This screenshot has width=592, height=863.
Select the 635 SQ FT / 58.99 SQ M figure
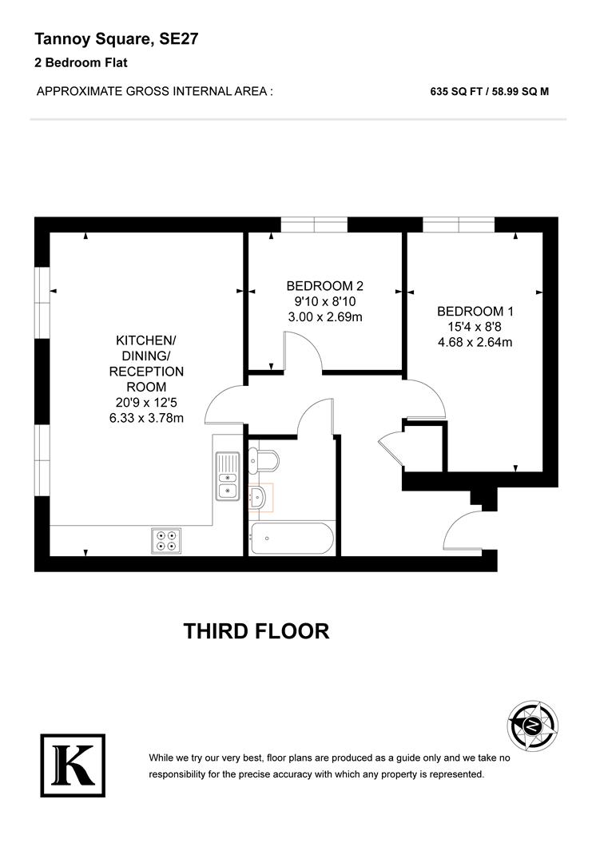click(489, 91)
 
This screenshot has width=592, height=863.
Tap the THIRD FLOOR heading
click(256, 631)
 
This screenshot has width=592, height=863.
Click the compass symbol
click(530, 725)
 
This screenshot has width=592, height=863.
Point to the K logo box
click(73, 766)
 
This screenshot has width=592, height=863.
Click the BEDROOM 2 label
click(324, 286)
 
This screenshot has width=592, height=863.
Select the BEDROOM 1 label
click(475, 312)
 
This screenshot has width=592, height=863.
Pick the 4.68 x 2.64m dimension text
click(475, 343)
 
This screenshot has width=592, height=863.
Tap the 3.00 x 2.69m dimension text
click(324, 317)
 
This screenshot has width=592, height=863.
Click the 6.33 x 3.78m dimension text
click(146, 418)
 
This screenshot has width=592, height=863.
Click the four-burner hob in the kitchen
click(166, 541)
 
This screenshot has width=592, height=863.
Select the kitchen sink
click(228, 476)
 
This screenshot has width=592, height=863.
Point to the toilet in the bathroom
click(264, 461)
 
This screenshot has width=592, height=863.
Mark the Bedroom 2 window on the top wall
click(313, 225)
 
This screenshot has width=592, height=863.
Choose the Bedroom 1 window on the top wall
click(459, 225)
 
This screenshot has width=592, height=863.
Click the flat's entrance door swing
click(463, 531)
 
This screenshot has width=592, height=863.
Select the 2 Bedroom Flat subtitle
click(81, 62)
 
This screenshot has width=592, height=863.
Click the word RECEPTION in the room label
click(146, 372)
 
